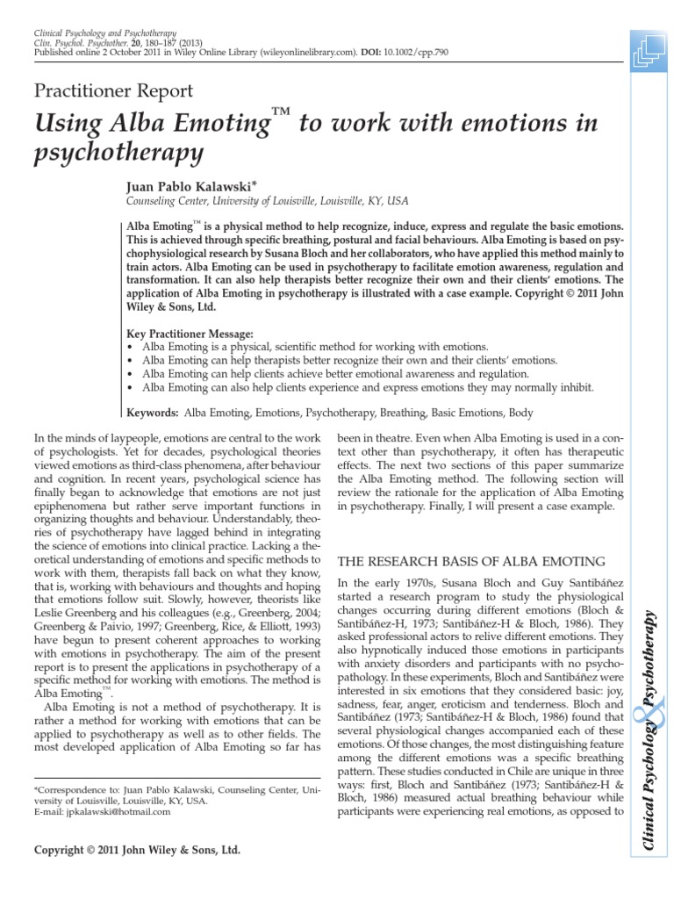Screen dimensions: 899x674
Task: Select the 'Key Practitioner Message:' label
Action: point(190,334)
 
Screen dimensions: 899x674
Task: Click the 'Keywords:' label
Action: point(154,412)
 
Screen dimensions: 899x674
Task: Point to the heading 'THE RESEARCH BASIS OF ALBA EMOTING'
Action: point(471,561)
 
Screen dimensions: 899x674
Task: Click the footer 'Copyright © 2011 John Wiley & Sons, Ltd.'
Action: point(136,851)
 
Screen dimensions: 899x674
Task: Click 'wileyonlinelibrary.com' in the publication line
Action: point(310,52)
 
